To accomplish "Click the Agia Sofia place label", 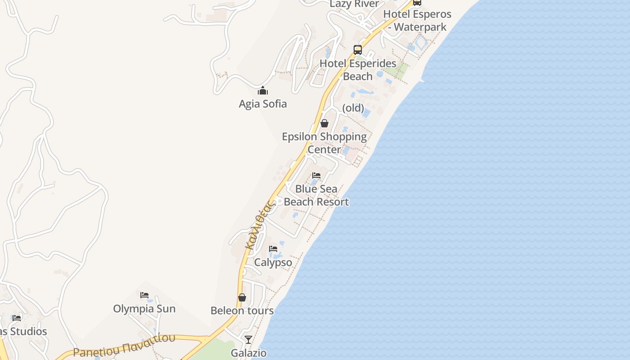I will pos(263,104).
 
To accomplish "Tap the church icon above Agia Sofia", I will pos(263,91).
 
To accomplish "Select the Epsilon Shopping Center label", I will pos(324,143).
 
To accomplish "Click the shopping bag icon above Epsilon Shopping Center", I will pos(324,123).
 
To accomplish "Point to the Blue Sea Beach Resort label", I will pos(316,195).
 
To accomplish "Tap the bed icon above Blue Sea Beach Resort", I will pos(316,175).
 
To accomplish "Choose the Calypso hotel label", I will pos(273,262).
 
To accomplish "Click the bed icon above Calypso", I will pos(273,248).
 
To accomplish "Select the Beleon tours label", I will pos(242,310).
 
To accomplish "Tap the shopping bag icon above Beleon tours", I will pos(242,297).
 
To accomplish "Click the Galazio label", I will pos(248,353).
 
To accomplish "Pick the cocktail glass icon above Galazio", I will pos(248,339).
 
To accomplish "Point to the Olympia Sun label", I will pos(144,309).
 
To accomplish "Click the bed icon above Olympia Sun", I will pos(144,295).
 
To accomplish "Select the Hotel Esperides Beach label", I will pos(358,70).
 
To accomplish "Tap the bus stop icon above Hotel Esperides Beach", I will pos(358,50).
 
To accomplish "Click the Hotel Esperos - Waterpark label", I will pos(417,21).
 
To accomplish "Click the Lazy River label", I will pos(355,4).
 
